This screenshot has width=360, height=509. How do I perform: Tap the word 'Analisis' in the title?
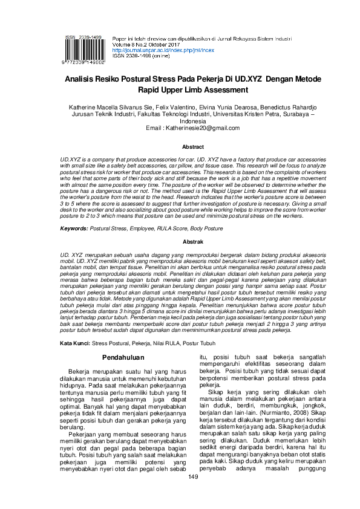[x=85, y=80]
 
